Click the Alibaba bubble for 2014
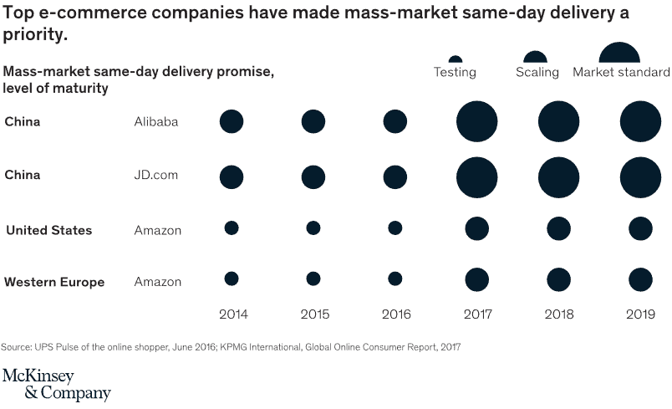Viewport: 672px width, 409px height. (232, 121)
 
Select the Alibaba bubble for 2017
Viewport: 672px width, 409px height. (476, 121)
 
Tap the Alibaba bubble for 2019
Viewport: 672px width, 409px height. (640, 121)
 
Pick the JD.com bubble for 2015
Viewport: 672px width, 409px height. (313, 176)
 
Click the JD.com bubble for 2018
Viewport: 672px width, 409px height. (558, 176)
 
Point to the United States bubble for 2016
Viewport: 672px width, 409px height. (395, 228)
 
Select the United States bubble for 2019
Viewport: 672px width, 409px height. (640, 228)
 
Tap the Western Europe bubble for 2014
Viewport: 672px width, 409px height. (232, 279)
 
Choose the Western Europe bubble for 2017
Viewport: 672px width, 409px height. (476, 279)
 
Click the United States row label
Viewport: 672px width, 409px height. (48, 230)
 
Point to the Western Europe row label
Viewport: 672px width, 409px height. (54, 282)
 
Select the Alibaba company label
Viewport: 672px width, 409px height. (156, 122)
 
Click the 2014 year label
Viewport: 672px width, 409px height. (234, 314)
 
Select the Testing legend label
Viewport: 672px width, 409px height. (455, 73)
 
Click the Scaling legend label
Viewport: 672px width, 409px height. (536, 73)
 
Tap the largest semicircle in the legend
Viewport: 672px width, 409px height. (619, 54)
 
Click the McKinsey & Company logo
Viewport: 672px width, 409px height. (56, 384)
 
